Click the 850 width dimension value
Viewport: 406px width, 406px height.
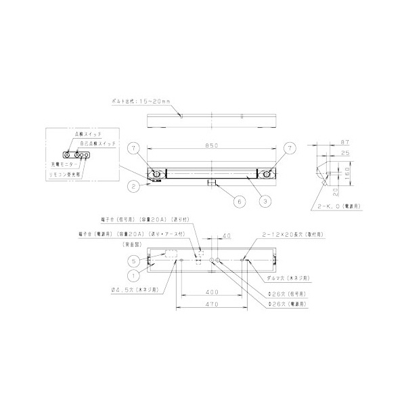[x=211, y=144]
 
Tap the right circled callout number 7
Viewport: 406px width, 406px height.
[x=290, y=147]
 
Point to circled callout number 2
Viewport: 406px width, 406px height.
[x=135, y=185]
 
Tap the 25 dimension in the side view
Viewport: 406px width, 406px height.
[x=344, y=154]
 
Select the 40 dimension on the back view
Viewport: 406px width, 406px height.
[x=226, y=235]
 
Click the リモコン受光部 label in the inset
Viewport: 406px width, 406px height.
[x=64, y=174]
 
